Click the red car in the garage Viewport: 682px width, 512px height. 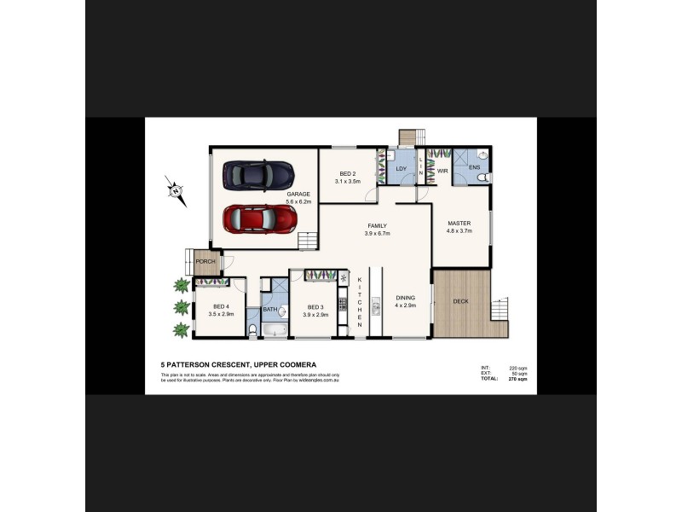pyautogui.click(x=260, y=219)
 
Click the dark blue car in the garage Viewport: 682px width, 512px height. pyautogui.click(x=258, y=175)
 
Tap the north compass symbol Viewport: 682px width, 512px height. pyautogui.click(x=175, y=190)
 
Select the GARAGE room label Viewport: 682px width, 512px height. pyautogui.click(x=298, y=195)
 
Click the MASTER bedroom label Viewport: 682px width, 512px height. pyautogui.click(x=459, y=224)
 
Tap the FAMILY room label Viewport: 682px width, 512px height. pyautogui.click(x=378, y=226)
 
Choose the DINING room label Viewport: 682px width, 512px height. pyautogui.click(x=405, y=298)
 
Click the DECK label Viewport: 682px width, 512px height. pyautogui.click(x=460, y=301)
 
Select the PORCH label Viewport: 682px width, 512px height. pyautogui.click(x=205, y=261)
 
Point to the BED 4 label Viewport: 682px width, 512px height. pyautogui.click(x=221, y=306)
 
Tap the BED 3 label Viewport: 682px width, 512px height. pyautogui.click(x=315, y=306)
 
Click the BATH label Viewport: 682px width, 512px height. pyautogui.click(x=269, y=309)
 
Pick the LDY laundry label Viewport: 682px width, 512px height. pyautogui.click(x=402, y=169)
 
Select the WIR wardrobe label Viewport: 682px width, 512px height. pyautogui.click(x=442, y=172)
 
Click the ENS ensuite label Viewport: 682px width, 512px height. pyautogui.click(x=475, y=167)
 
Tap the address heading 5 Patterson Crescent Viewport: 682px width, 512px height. pyautogui.click(x=238, y=364)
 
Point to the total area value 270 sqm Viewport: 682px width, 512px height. pyautogui.click(x=517, y=378)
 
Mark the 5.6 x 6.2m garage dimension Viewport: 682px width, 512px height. pyautogui.click(x=298, y=202)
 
